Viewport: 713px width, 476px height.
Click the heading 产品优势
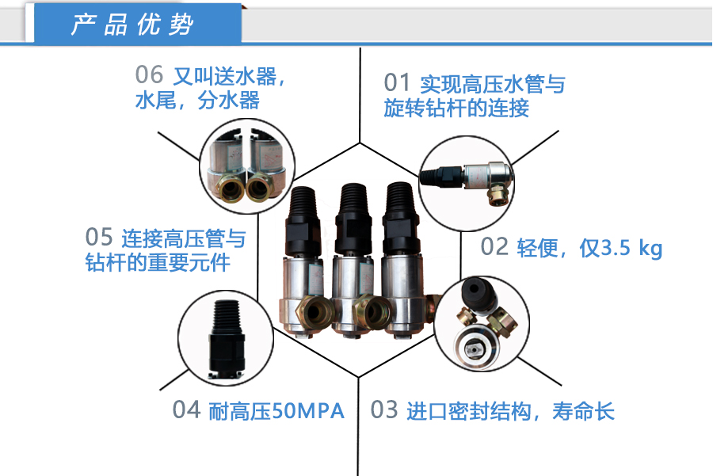132,25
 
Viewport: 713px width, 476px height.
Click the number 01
398,83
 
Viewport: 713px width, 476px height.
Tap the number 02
495,247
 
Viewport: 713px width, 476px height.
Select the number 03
383,410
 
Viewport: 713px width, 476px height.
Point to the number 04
186,410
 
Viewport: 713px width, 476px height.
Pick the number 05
99,237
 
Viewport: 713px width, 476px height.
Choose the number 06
149,75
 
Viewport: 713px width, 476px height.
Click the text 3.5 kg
631,248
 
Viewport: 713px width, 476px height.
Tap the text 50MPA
307,411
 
